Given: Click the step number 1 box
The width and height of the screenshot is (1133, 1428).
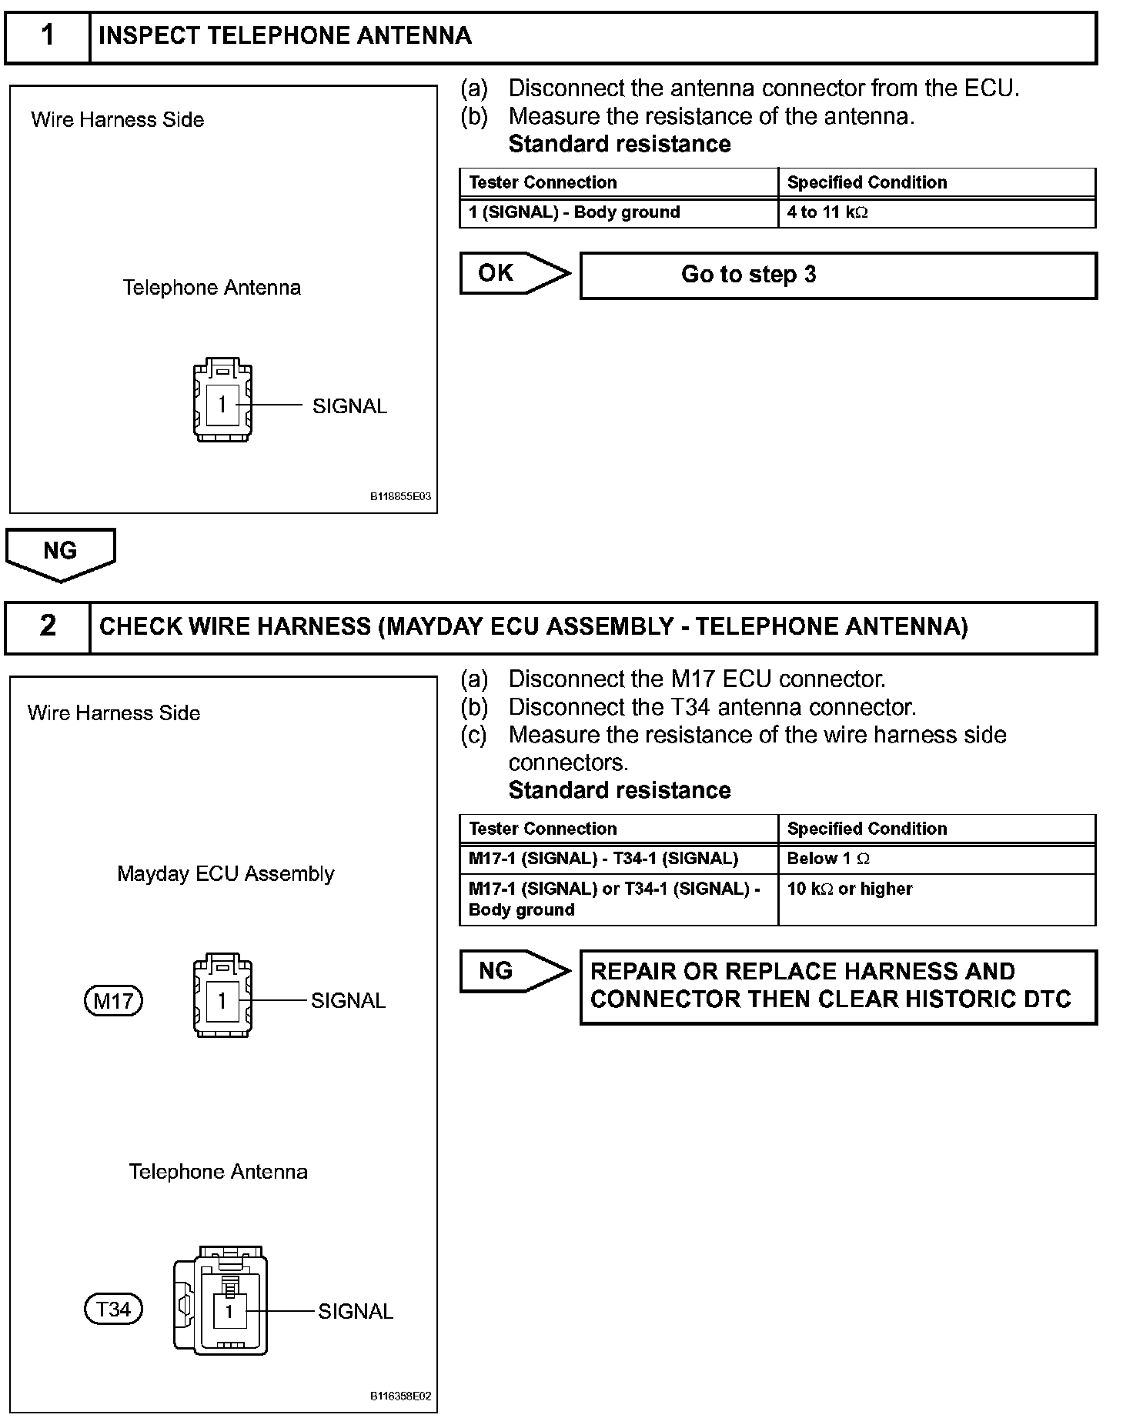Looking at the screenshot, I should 48,36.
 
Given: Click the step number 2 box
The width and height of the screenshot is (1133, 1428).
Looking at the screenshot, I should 48,626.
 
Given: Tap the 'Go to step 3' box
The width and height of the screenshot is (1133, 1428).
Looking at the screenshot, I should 837,275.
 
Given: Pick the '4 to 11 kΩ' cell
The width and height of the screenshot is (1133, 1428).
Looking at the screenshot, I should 936,212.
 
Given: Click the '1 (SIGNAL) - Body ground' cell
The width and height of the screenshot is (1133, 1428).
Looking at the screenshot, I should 619,212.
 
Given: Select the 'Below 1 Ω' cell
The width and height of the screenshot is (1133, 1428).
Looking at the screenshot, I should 936,859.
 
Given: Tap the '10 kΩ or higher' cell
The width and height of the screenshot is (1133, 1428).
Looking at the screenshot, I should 936,899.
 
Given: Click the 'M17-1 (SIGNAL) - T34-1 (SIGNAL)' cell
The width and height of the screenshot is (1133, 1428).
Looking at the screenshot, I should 619,859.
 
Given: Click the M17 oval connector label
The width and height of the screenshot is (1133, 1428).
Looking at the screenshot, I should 113,1001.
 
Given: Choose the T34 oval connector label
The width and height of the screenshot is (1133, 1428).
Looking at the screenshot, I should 113,1310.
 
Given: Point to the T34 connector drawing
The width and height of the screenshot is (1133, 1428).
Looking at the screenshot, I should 221,1301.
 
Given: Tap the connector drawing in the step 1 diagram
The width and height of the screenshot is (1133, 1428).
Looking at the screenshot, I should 222,400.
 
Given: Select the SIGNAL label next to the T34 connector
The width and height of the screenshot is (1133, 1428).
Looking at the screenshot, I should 356,1311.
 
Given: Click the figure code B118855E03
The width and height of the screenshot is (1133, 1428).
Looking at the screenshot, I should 400,496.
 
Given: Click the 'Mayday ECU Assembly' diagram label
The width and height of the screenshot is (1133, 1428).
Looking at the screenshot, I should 226,874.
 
